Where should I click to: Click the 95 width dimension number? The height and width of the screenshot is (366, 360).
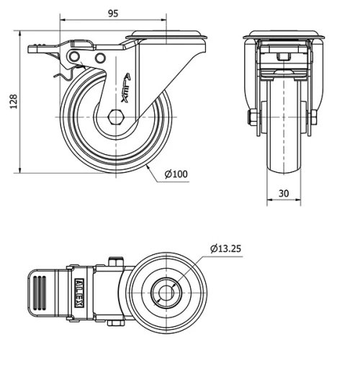112,12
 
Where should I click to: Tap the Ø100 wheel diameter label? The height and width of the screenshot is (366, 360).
176,174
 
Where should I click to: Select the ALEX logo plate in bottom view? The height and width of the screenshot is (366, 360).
78,295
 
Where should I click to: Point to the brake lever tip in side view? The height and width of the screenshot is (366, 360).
34,49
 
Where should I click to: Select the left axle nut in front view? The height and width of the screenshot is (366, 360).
253,118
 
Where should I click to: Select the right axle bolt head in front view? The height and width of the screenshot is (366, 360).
313,118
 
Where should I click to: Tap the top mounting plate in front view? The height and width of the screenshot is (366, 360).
282,36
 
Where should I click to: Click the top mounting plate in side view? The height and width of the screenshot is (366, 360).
167,35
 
